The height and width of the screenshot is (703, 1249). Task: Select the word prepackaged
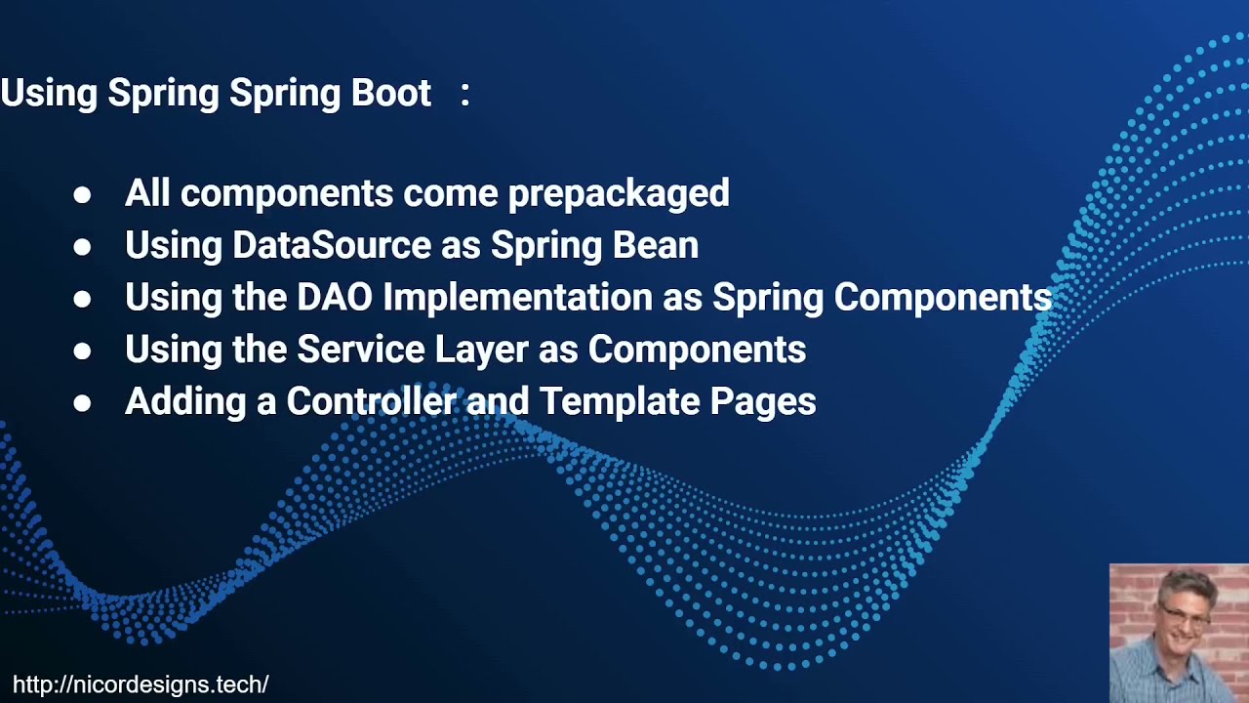[x=619, y=193]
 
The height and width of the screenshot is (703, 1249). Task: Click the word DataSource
[x=332, y=245]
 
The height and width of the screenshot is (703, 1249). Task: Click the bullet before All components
[x=82, y=194]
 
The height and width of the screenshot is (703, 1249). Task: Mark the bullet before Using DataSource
[x=82, y=246]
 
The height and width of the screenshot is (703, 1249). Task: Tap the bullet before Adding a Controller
[x=82, y=401]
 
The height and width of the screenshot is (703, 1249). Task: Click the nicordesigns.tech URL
[x=141, y=684]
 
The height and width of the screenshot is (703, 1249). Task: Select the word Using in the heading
[x=49, y=93]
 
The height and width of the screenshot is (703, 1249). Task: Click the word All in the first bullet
[x=148, y=192]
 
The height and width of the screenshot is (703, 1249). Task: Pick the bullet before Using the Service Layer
[x=82, y=350]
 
